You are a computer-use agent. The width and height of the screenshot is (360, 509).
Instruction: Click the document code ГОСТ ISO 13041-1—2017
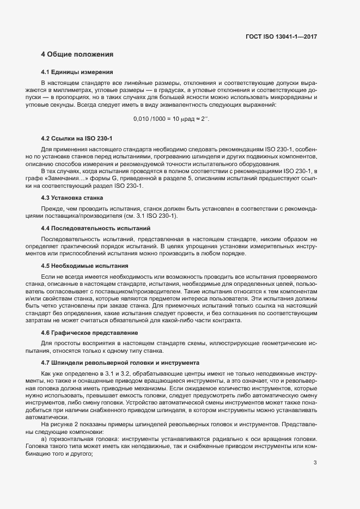pyautogui.click(x=281, y=36)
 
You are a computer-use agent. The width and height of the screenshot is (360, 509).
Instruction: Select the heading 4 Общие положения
pyautogui.click(x=77, y=54)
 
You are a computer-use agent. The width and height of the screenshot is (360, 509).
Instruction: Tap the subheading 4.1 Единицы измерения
pyautogui.click(x=77, y=72)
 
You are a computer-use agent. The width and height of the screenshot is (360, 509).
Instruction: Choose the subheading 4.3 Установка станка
pyautogui.click(x=72, y=197)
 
